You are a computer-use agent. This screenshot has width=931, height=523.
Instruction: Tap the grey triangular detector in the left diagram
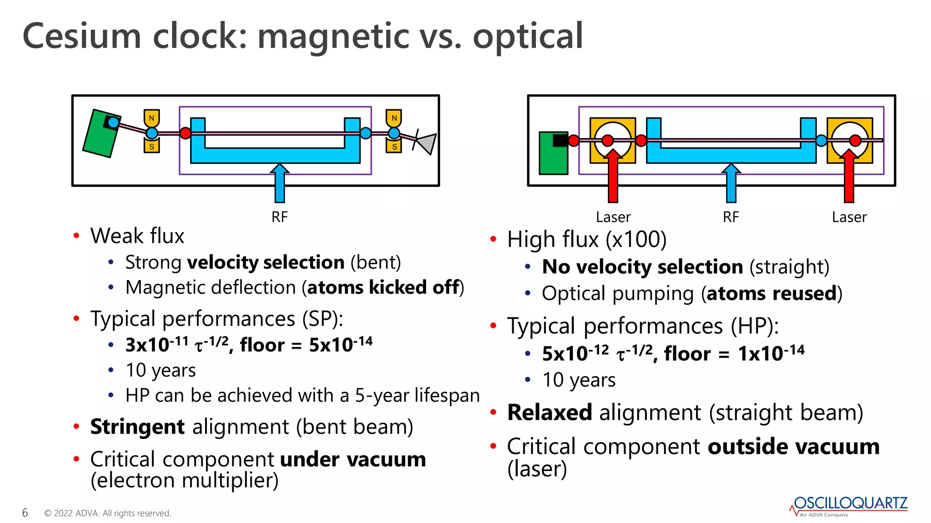click(x=428, y=143)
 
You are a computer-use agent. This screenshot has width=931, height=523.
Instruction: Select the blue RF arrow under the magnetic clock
click(x=280, y=183)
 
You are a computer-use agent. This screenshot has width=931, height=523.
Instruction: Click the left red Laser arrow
click(x=613, y=177)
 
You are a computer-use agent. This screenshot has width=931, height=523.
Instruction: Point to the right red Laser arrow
click(x=849, y=177)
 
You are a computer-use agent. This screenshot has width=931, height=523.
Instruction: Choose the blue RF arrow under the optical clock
click(x=731, y=183)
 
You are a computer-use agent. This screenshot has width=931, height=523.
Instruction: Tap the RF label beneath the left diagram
click(x=280, y=217)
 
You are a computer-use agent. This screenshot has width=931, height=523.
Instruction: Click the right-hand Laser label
click(x=849, y=217)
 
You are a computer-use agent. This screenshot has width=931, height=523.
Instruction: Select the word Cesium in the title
click(x=82, y=36)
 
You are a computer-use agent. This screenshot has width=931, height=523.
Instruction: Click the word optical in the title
click(x=528, y=36)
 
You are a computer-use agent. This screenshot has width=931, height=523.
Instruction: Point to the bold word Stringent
click(x=137, y=427)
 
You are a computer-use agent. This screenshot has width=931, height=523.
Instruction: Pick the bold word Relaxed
click(x=550, y=413)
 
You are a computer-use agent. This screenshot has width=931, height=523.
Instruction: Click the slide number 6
click(x=25, y=513)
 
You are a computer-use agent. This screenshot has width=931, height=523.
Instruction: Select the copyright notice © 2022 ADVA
click(x=107, y=513)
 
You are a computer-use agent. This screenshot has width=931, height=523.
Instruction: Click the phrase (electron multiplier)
click(x=185, y=480)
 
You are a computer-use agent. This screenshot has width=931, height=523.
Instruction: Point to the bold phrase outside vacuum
click(x=794, y=447)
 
